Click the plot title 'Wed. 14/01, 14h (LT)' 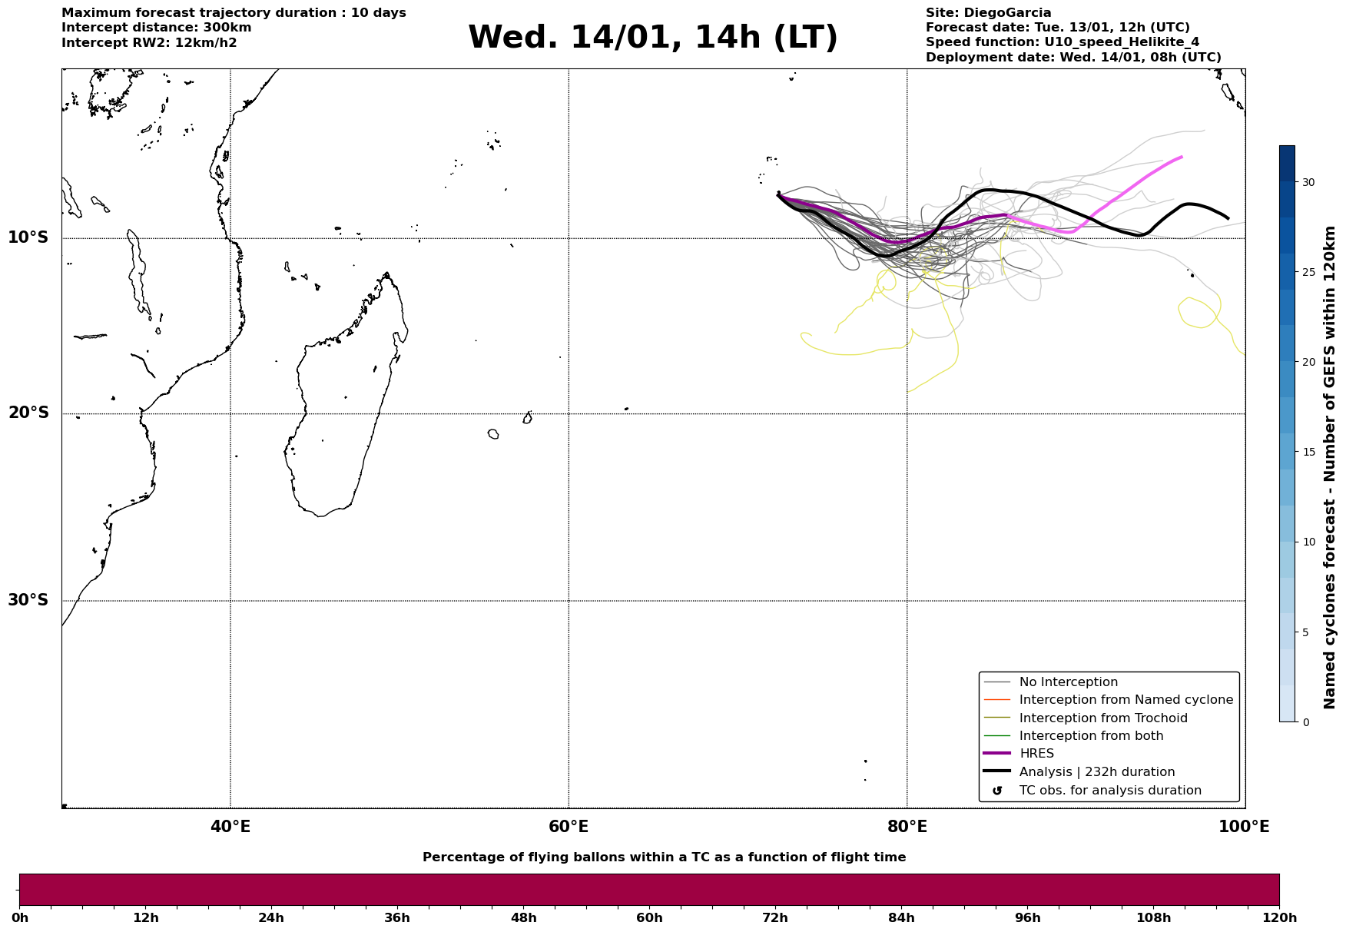(x=652, y=38)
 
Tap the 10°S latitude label (x=28, y=237)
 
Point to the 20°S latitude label (x=28, y=413)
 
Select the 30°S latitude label (x=28, y=600)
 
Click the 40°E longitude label (x=230, y=827)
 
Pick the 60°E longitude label (x=569, y=827)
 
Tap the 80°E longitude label (x=907, y=827)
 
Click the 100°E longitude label (x=1244, y=827)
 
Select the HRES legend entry (x=1036, y=754)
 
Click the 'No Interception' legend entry (x=1068, y=682)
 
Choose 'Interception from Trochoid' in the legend (x=1102, y=718)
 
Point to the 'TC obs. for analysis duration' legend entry (x=1109, y=791)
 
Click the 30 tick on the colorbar (x=1308, y=182)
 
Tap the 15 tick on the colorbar (x=1308, y=452)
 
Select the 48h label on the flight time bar (x=523, y=918)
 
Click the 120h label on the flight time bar (x=1278, y=918)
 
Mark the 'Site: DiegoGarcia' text (x=988, y=13)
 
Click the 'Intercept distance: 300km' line (x=156, y=28)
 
